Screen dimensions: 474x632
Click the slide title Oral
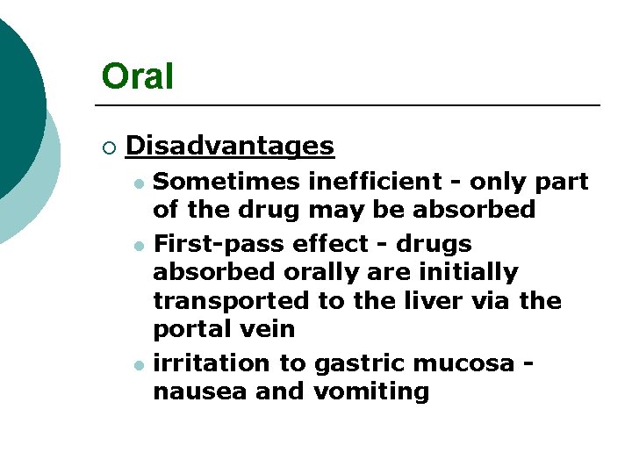138,76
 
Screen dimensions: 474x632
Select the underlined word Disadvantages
230,146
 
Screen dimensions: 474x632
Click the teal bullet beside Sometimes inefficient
138,183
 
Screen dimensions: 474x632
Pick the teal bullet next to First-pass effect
138,245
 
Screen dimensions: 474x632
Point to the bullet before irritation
138,364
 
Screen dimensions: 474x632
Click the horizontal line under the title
351,105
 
